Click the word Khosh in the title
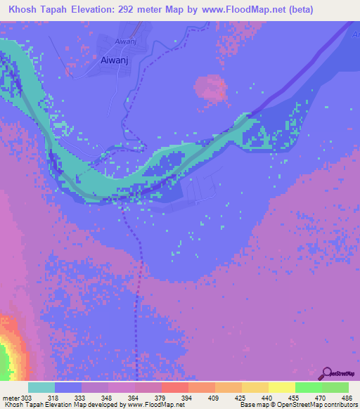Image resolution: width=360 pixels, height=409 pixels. point(23,9)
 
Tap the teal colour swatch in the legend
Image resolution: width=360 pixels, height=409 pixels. point(41,387)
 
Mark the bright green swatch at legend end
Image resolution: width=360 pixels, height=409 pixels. point(335,387)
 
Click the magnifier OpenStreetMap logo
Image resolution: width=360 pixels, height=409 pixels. point(326,373)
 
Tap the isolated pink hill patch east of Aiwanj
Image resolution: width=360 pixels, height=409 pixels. point(210,89)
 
